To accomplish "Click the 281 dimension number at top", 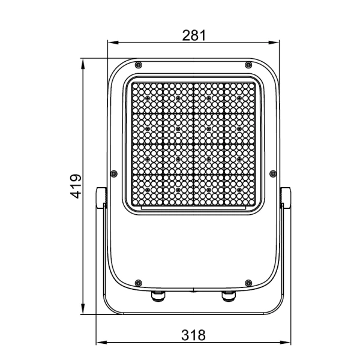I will click(194, 35).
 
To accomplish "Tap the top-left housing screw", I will click(139, 65).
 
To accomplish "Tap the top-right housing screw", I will click(248, 65).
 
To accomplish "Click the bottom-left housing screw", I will click(139, 281).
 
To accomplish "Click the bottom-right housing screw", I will click(248, 281).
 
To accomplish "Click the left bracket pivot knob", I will click(101, 197).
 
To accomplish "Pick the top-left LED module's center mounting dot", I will click(148, 98).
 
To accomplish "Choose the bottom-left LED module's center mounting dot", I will click(148, 190).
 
